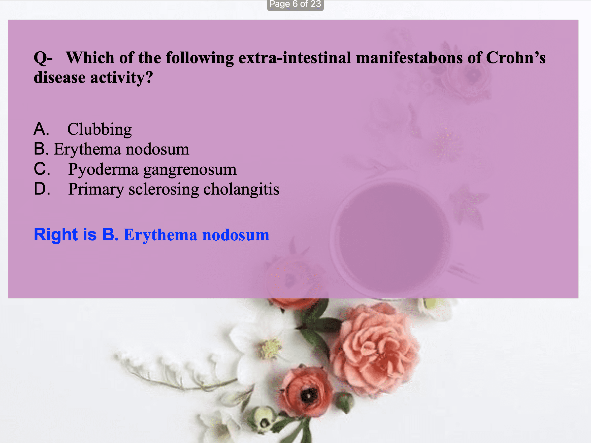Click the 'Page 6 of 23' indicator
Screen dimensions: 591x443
295,4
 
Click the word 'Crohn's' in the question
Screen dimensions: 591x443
516,58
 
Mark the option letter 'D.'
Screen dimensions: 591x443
42,189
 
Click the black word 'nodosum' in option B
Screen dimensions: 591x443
157,149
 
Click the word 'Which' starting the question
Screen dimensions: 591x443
90,58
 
